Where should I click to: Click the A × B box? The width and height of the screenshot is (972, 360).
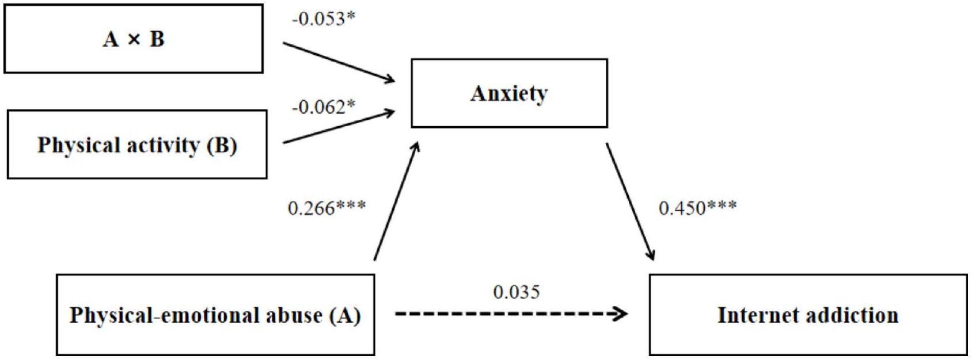134,39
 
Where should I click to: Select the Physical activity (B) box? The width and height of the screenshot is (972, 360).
137,145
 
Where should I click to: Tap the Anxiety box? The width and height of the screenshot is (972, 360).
509,93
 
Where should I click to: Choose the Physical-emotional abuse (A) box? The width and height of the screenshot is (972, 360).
215,315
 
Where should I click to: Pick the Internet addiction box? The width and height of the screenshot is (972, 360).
808,315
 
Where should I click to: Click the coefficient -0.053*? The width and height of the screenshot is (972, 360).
324,19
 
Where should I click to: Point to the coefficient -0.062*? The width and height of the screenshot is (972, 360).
324,107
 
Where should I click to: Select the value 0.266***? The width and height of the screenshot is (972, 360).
326,207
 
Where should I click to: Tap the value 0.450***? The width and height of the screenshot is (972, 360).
697,207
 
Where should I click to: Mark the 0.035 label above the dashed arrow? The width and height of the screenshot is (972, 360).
517,292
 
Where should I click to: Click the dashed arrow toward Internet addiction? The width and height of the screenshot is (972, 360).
510,314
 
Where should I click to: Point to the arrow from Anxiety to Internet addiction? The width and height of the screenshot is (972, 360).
630,202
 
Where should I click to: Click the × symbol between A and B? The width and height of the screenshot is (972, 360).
134,39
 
